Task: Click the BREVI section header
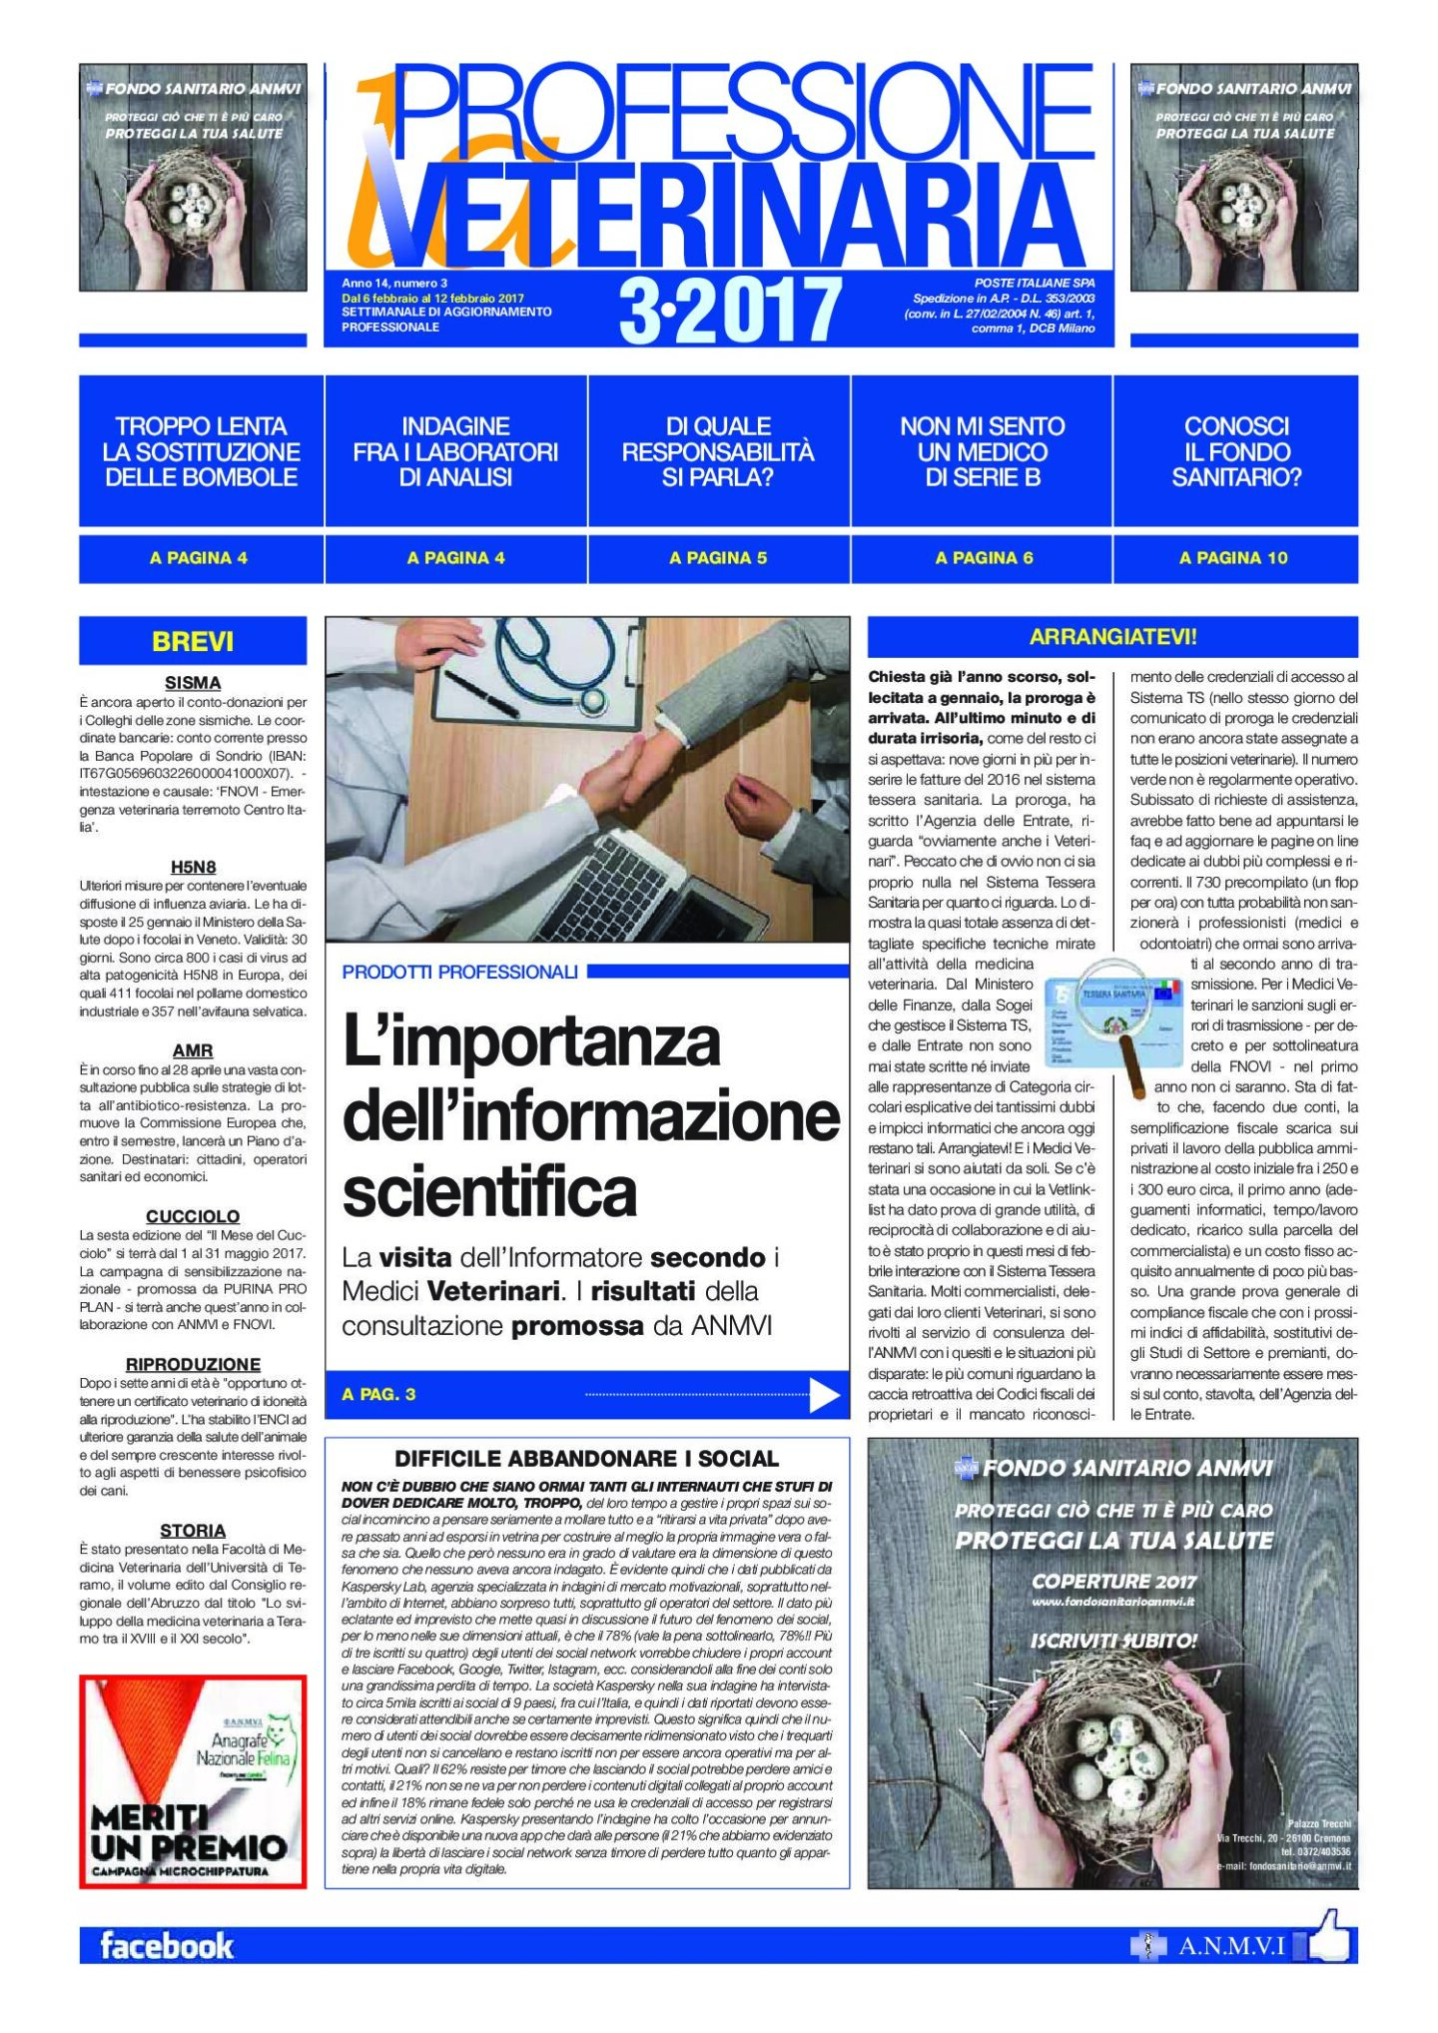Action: point(193,641)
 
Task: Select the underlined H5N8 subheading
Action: point(193,867)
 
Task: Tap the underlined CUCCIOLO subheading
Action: point(193,1216)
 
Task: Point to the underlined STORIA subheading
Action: point(193,1530)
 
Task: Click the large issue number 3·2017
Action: point(730,311)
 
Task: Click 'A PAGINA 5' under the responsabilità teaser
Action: point(718,558)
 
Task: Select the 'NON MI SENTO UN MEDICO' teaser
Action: point(982,451)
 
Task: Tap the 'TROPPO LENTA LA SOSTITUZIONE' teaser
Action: point(201,451)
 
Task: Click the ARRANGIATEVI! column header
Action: point(1112,636)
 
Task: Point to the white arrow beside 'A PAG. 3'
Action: point(824,1395)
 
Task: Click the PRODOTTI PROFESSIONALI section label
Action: point(459,972)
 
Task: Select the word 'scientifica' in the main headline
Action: point(489,1191)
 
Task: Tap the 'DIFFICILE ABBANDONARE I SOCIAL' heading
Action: point(586,1459)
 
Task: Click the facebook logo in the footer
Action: point(166,1946)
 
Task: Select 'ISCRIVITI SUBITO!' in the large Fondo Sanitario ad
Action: point(1113,1641)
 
